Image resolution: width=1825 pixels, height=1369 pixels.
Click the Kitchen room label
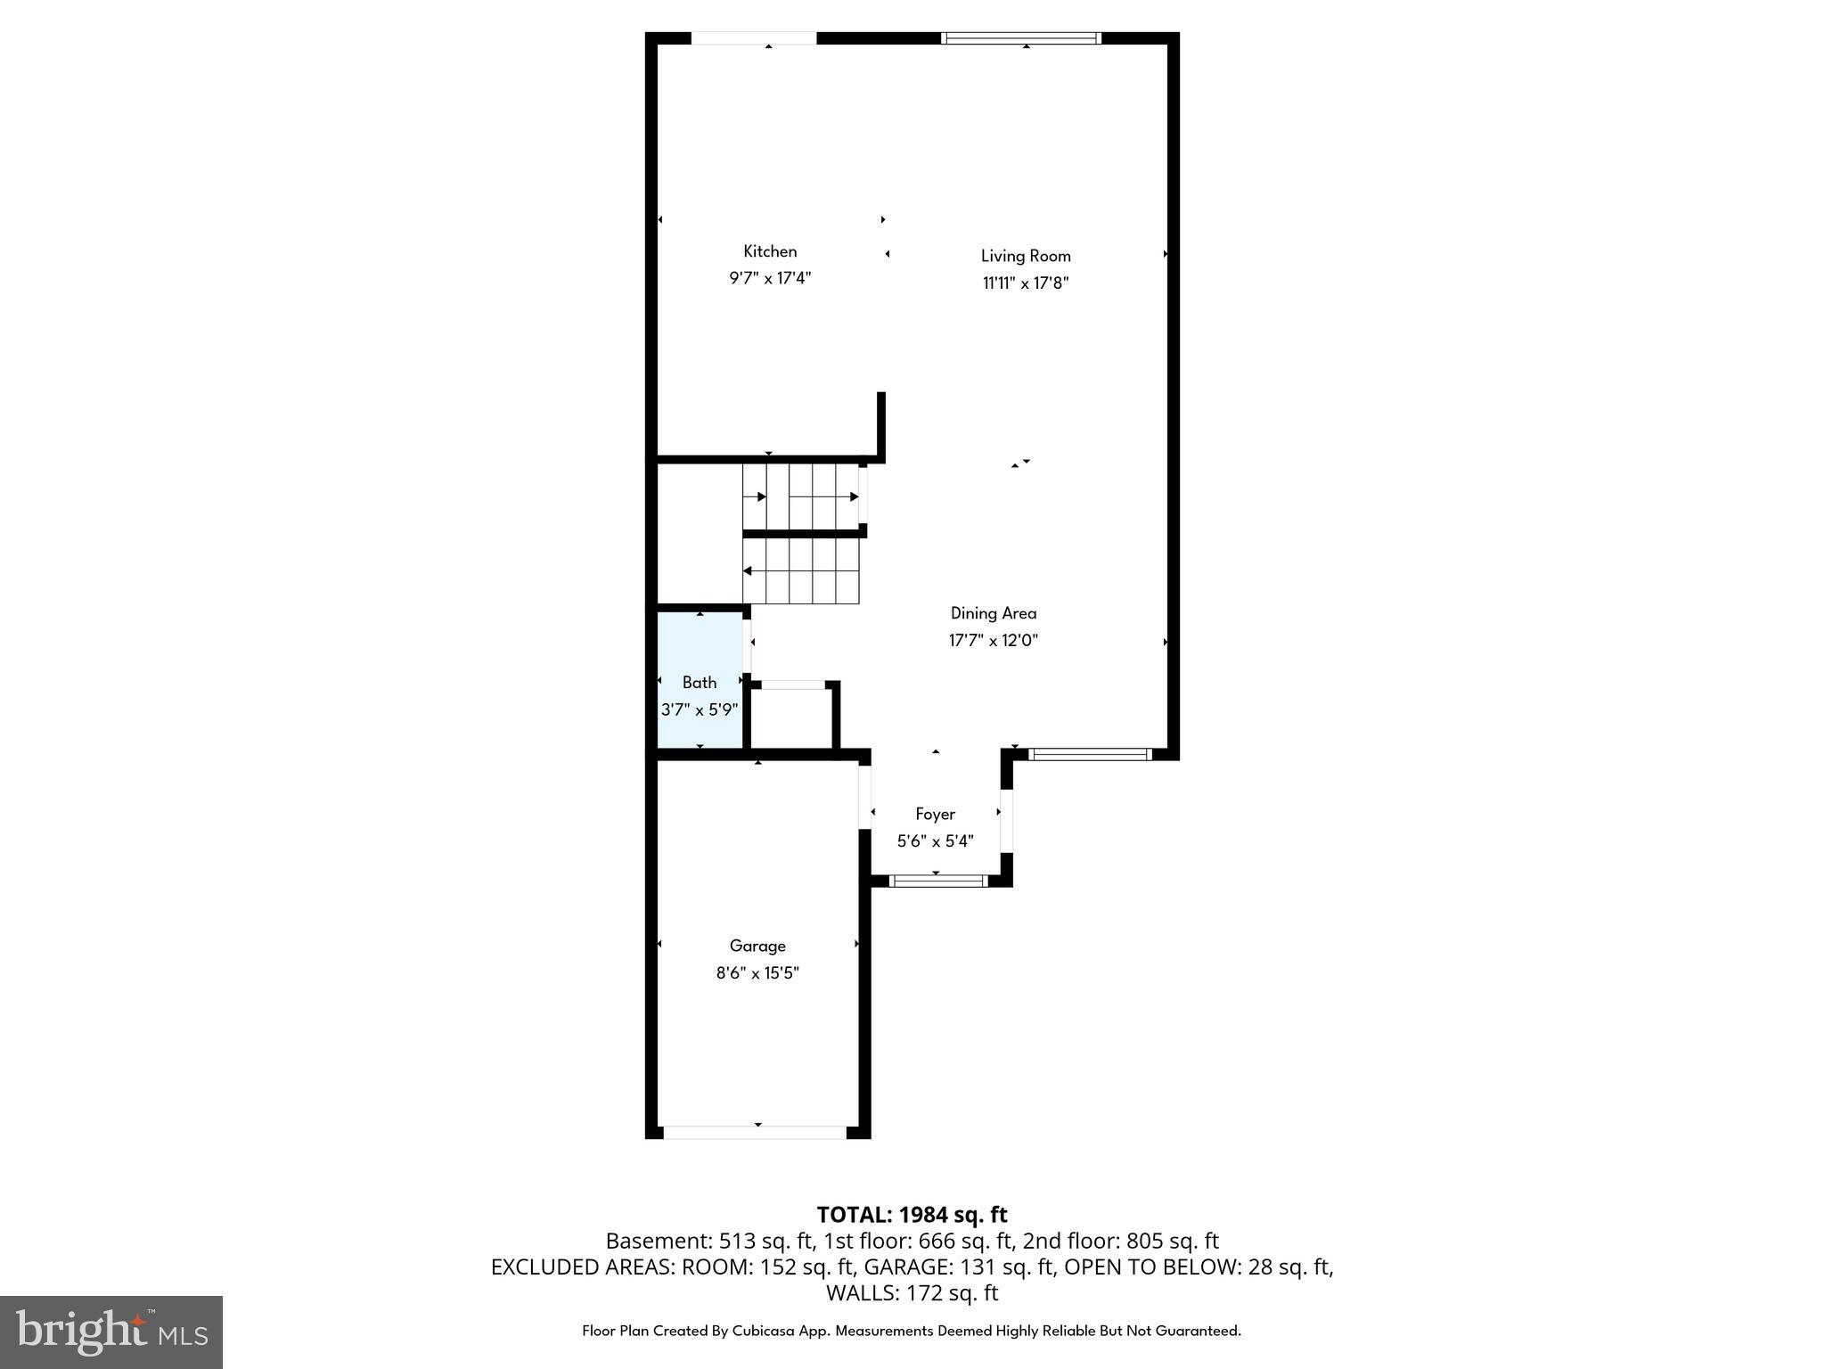[x=770, y=251]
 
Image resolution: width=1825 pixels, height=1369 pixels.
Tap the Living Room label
[x=1026, y=256]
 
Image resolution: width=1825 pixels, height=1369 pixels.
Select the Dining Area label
[x=993, y=613]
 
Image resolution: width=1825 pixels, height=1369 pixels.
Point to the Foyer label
[x=935, y=814]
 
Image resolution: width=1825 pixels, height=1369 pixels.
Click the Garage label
[x=757, y=946]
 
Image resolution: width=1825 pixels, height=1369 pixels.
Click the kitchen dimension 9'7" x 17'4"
[x=770, y=278]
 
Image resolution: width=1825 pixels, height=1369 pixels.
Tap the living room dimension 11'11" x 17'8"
[x=1026, y=283]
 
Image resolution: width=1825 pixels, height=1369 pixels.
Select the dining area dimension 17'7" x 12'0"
[x=993, y=640]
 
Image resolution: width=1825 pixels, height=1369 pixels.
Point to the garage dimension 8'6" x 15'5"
[x=757, y=972]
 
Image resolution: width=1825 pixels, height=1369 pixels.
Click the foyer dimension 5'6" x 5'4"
[x=935, y=840]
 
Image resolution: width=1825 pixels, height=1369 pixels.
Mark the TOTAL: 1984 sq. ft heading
[x=912, y=1214]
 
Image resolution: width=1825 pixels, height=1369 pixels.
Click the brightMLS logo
[x=111, y=1332]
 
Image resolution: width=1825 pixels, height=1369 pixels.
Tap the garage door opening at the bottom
[x=755, y=1132]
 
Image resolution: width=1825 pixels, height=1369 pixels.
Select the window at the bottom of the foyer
[x=937, y=881]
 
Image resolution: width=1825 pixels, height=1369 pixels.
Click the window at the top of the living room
[x=1021, y=38]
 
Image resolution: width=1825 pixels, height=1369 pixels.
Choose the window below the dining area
[x=1090, y=754]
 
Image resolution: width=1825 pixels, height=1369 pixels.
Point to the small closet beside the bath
[x=792, y=718]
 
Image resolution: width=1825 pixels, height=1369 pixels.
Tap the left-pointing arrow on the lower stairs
[x=748, y=570]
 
